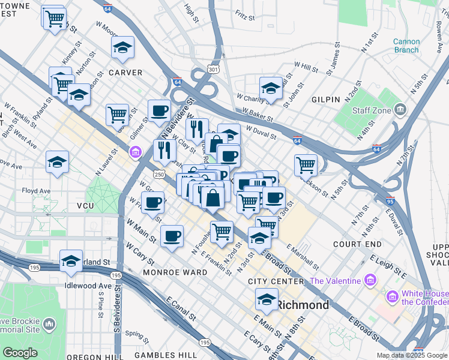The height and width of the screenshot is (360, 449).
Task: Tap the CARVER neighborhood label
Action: (x=125, y=73)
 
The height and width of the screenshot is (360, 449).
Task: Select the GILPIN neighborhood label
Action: (x=326, y=99)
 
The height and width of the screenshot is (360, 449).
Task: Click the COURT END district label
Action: (x=357, y=244)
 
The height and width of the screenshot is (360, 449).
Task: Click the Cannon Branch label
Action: (x=406, y=46)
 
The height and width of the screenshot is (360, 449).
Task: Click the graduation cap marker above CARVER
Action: (x=123, y=48)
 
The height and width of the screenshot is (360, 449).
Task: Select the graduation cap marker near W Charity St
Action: (x=271, y=88)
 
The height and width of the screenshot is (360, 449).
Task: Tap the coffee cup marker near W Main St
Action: (x=172, y=235)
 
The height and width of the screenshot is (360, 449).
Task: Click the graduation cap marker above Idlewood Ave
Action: (x=71, y=260)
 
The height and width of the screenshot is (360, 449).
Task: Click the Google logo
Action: (x=20, y=353)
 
